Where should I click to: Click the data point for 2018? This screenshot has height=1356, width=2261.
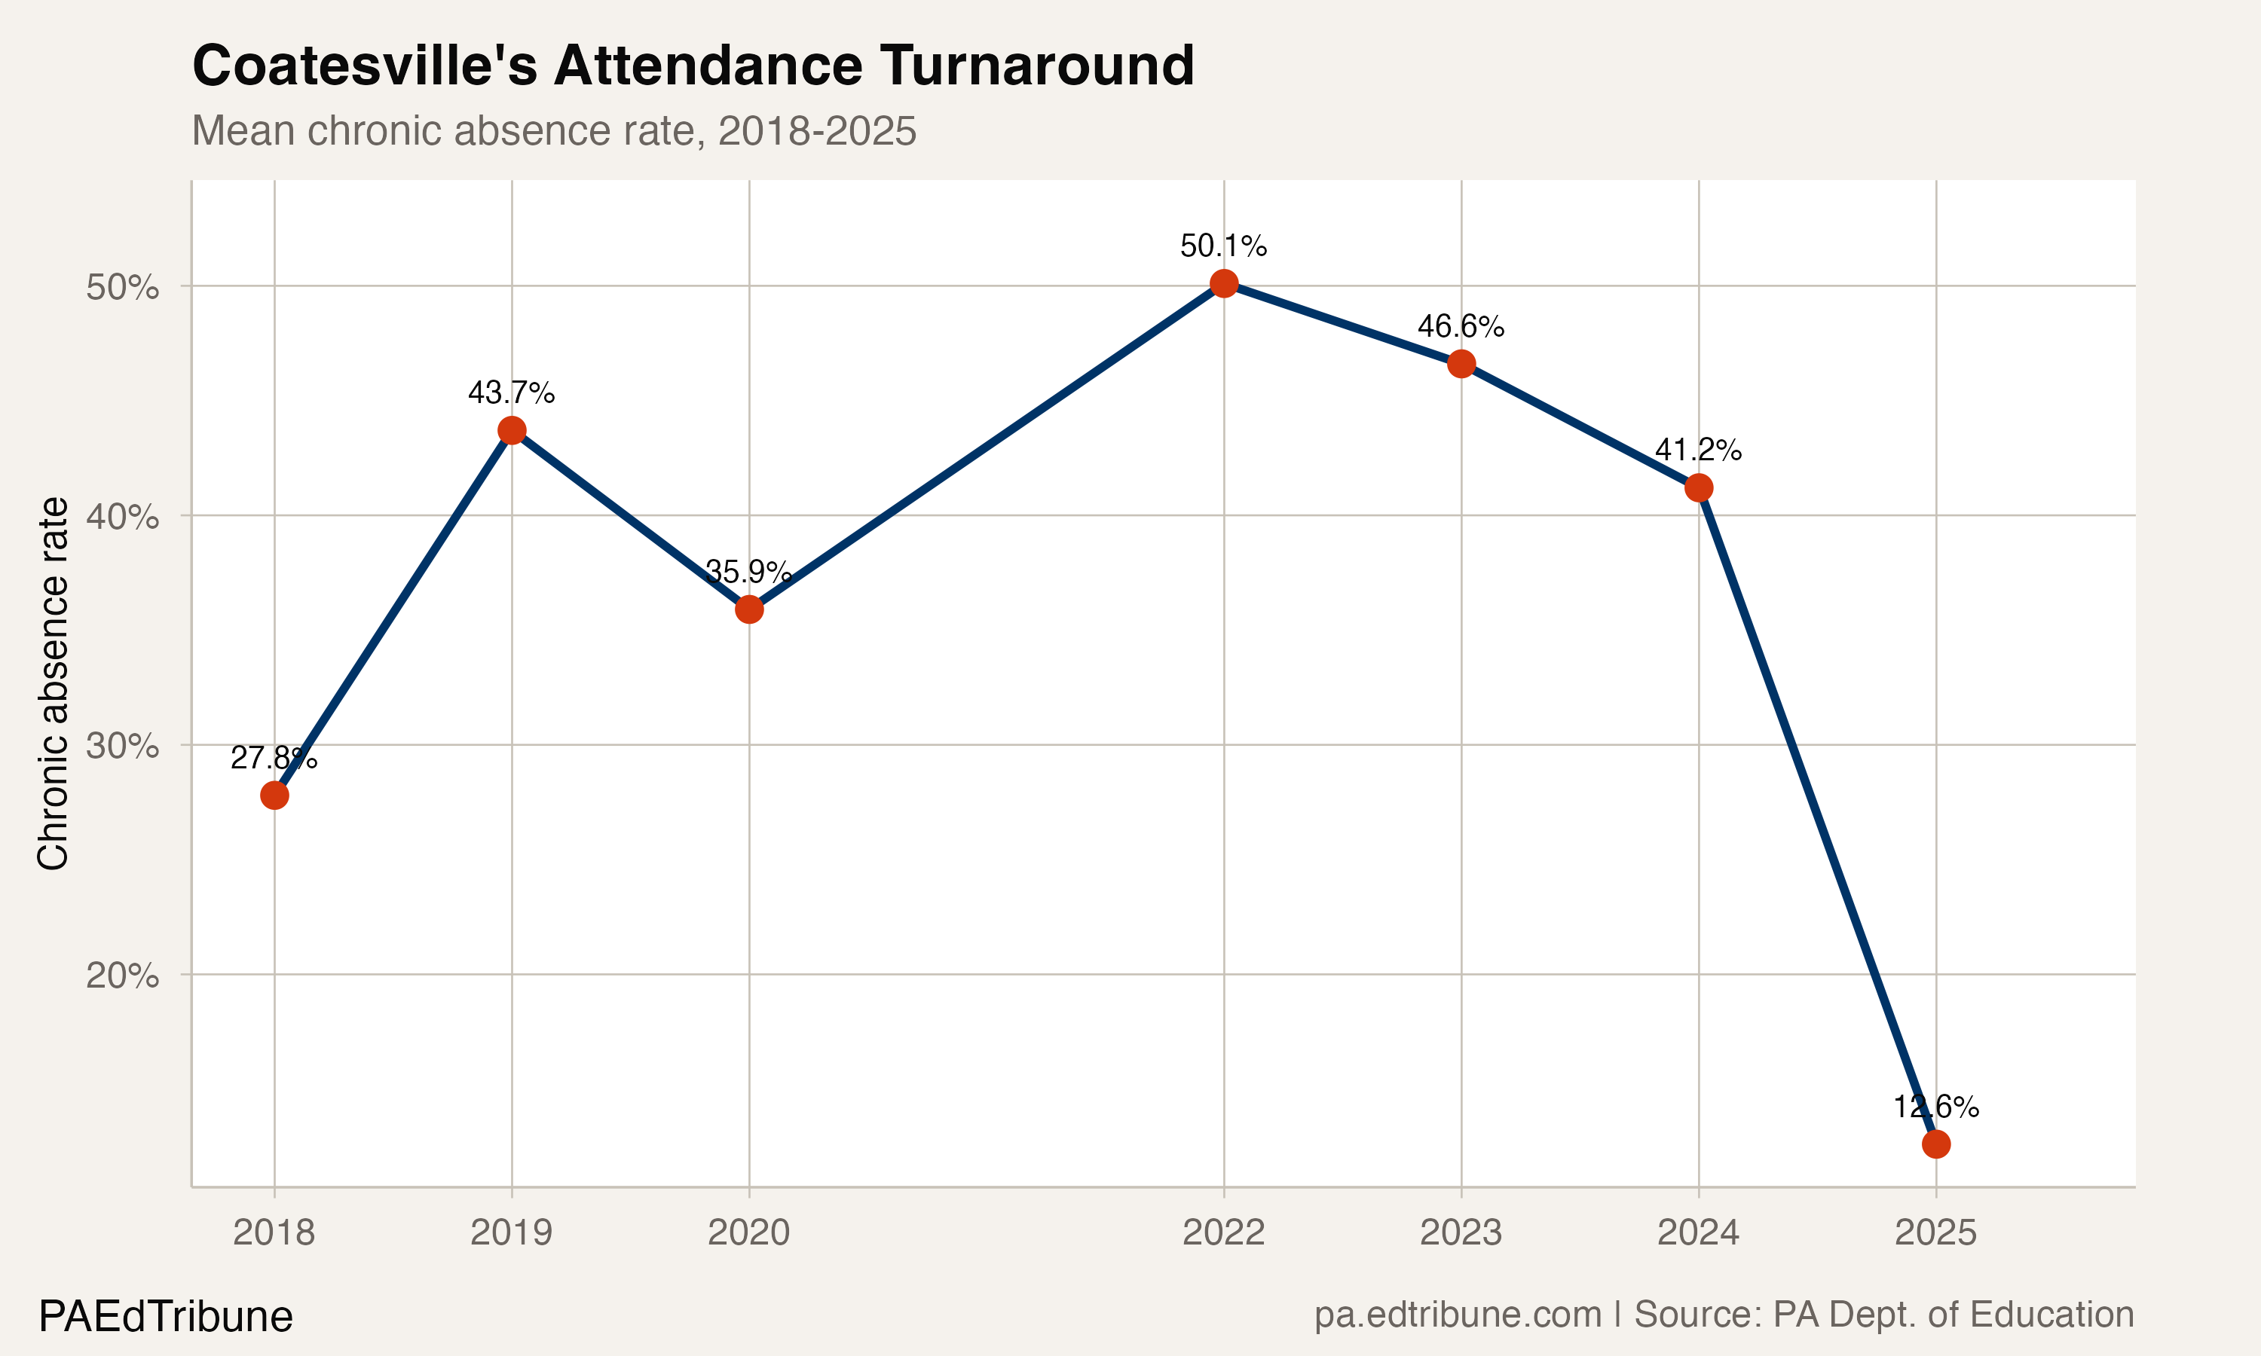coord(274,795)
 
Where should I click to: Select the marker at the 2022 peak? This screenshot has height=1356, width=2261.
coord(1224,284)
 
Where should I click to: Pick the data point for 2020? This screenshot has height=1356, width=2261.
coord(749,609)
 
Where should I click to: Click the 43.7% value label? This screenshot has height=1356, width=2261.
coord(511,393)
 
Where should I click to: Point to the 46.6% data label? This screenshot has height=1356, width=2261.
coord(1461,326)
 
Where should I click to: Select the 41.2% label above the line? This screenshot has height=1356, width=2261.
coord(1698,450)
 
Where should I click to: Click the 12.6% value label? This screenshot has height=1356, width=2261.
coord(1935,1107)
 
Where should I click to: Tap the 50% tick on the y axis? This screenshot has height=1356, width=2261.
coord(122,288)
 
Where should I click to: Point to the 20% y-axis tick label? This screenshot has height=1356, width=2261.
coord(122,976)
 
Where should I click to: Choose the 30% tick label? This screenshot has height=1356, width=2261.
coord(122,747)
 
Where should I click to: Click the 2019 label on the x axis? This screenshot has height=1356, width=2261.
coord(511,1232)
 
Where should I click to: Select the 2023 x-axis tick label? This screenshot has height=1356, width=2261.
coord(1461,1232)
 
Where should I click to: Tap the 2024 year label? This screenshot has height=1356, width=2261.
coord(1698,1232)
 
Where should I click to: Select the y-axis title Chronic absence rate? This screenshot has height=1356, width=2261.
coord(53,683)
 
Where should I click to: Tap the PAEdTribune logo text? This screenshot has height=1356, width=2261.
coord(165,1317)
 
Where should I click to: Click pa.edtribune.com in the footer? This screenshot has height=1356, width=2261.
coord(1458,1315)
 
